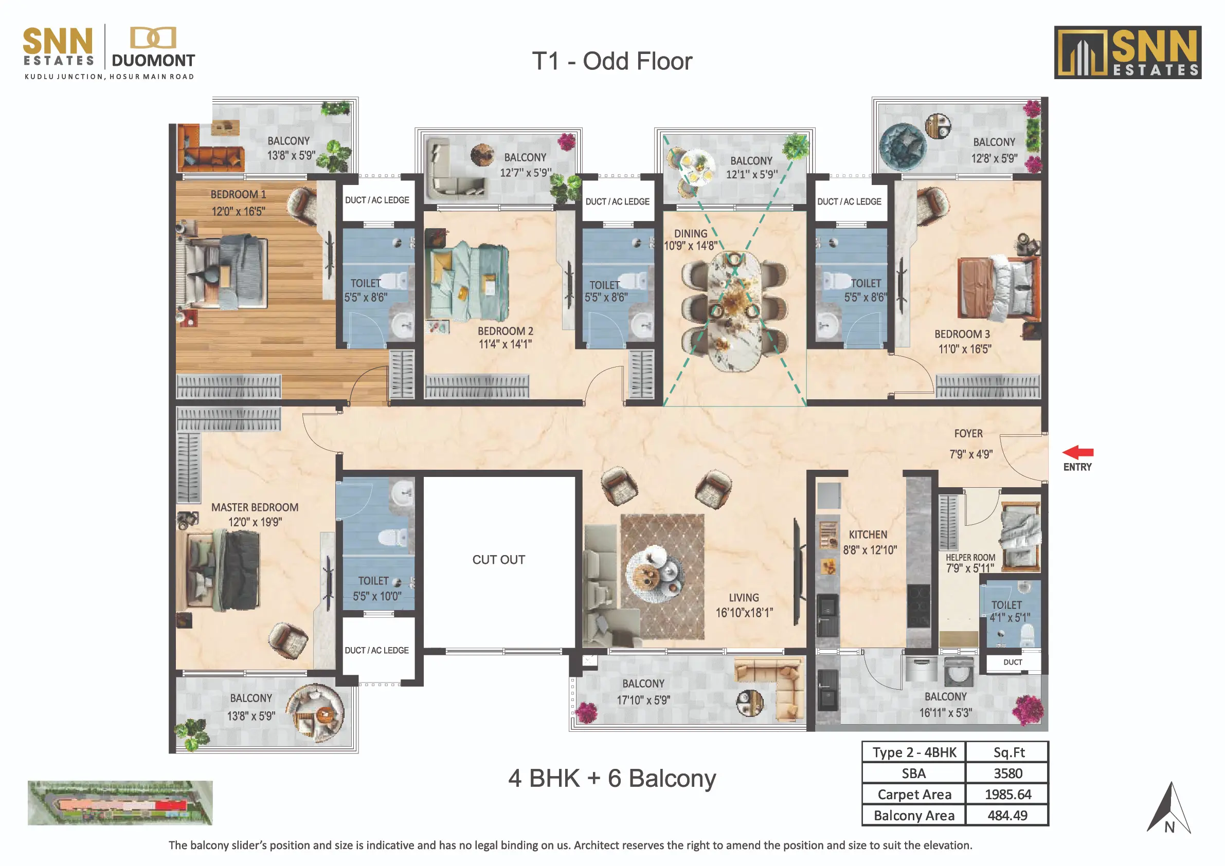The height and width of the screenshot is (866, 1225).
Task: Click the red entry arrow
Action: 1078,452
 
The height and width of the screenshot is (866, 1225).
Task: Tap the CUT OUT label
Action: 498,559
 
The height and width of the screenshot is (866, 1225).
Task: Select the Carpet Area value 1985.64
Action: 1008,794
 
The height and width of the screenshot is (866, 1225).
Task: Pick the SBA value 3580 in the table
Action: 1008,773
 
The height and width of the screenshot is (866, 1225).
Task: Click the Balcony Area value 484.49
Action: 1008,815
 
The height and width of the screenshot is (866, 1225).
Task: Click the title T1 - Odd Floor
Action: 612,61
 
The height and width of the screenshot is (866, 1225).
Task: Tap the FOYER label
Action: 968,434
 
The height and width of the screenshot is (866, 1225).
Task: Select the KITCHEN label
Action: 868,535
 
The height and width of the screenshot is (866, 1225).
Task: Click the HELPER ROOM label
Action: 970,557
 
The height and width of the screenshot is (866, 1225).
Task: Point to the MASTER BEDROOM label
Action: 255,507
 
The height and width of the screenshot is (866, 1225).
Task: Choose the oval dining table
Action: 735,311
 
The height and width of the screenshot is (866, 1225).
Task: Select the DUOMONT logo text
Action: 153,61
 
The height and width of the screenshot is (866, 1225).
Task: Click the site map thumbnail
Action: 120,803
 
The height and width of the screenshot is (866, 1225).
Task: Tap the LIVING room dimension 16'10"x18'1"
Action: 744,613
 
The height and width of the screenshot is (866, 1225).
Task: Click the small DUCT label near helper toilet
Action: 1013,662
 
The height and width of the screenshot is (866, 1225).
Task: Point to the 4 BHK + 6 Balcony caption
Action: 612,779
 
